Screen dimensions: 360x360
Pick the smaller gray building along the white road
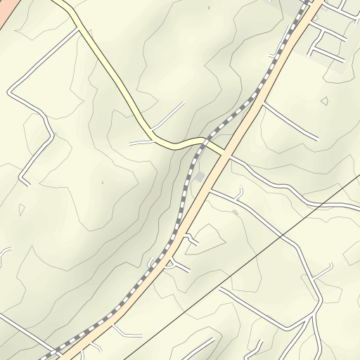pyautogui.click(x=236, y=212)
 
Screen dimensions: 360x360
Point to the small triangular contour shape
pyautogui.click(x=324, y=101)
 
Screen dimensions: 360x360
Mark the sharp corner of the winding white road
pyautogui.click(x=10, y=92)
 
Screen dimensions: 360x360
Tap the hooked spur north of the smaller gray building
pyautogui.click(x=240, y=191)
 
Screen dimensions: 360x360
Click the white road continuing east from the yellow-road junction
pyautogui.click(x=281, y=186)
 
